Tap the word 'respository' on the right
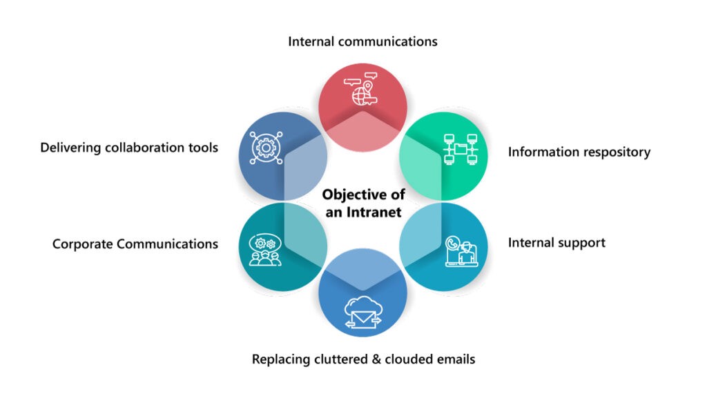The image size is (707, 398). (x=614, y=152)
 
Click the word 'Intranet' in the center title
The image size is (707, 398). (x=376, y=212)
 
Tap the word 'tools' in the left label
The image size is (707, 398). (x=203, y=148)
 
